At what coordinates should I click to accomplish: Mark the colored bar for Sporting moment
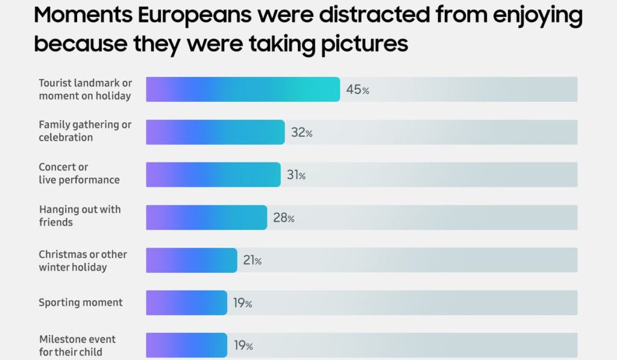pyautogui.click(x=186, y=303)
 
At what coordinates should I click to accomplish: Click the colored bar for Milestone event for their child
pyautogui.click(x=186, y=346)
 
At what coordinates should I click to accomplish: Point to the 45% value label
pyautogui.click(x=357, y=90)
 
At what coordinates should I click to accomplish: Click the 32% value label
pyautogui.click(x=301, y=133)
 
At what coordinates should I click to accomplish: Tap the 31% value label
pyautogui.click(x=296, y=175)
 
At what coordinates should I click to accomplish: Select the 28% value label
pyautogui.click(x=283, y=218)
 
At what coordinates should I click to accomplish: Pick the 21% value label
pyautogui.click(x=252, y=261)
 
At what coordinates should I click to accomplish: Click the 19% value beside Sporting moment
pyautogui.click(x=242, y=303)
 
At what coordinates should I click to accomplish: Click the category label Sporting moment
pyautogui.click(x=81, y=303)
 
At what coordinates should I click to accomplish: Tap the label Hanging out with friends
pyautogui.click(x=80, y=216)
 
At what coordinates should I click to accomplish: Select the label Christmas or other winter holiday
pyautogui.click(x=83, y=261)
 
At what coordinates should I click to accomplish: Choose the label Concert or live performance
pyautogui.click(x=79, y=173)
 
